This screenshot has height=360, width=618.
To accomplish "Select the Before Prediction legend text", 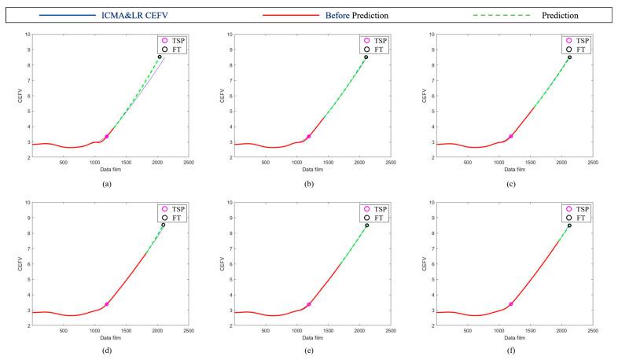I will [338, 15].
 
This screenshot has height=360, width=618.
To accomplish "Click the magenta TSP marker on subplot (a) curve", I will [107, 136].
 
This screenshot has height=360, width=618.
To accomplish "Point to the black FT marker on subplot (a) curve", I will [160, 57].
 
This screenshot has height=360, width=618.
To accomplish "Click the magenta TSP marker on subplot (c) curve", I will [511, 136].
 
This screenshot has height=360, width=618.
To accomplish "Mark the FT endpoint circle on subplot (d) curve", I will [163, 225].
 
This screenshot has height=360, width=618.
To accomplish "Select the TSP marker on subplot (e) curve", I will [309, 304].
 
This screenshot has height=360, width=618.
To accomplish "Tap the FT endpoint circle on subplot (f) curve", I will [569, 226].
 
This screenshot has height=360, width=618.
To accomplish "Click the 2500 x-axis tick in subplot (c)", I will [593, 163].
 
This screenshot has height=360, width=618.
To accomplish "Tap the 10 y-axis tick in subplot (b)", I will [228, 35].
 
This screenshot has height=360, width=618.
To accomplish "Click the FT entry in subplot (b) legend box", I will [381, 48].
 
